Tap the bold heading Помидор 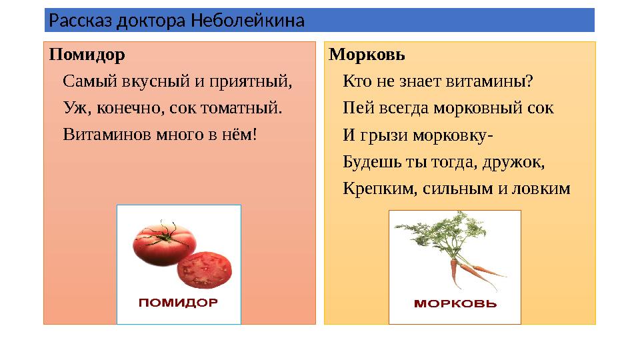(x=87, y=53)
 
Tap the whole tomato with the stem (x=162, y=244)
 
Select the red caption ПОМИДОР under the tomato (x=178, y=303)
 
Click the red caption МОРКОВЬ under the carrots (x=455, y=304)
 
